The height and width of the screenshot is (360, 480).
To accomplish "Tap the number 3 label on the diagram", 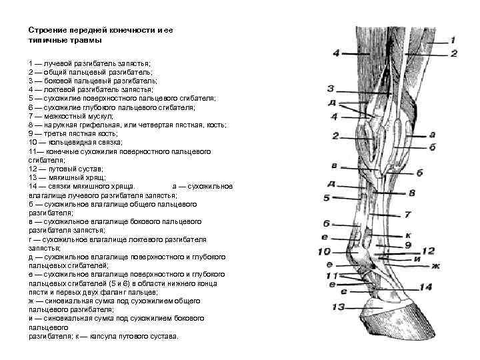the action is point(331,88).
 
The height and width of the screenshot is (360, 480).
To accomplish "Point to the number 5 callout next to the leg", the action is point(327,197).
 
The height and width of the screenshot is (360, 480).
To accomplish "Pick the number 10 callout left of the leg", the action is point(324,251).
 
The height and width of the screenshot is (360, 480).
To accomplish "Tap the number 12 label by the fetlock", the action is point(428,251).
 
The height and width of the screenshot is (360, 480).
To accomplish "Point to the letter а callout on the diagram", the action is point(433,134).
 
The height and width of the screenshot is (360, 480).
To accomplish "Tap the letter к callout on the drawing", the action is point(407,235).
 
